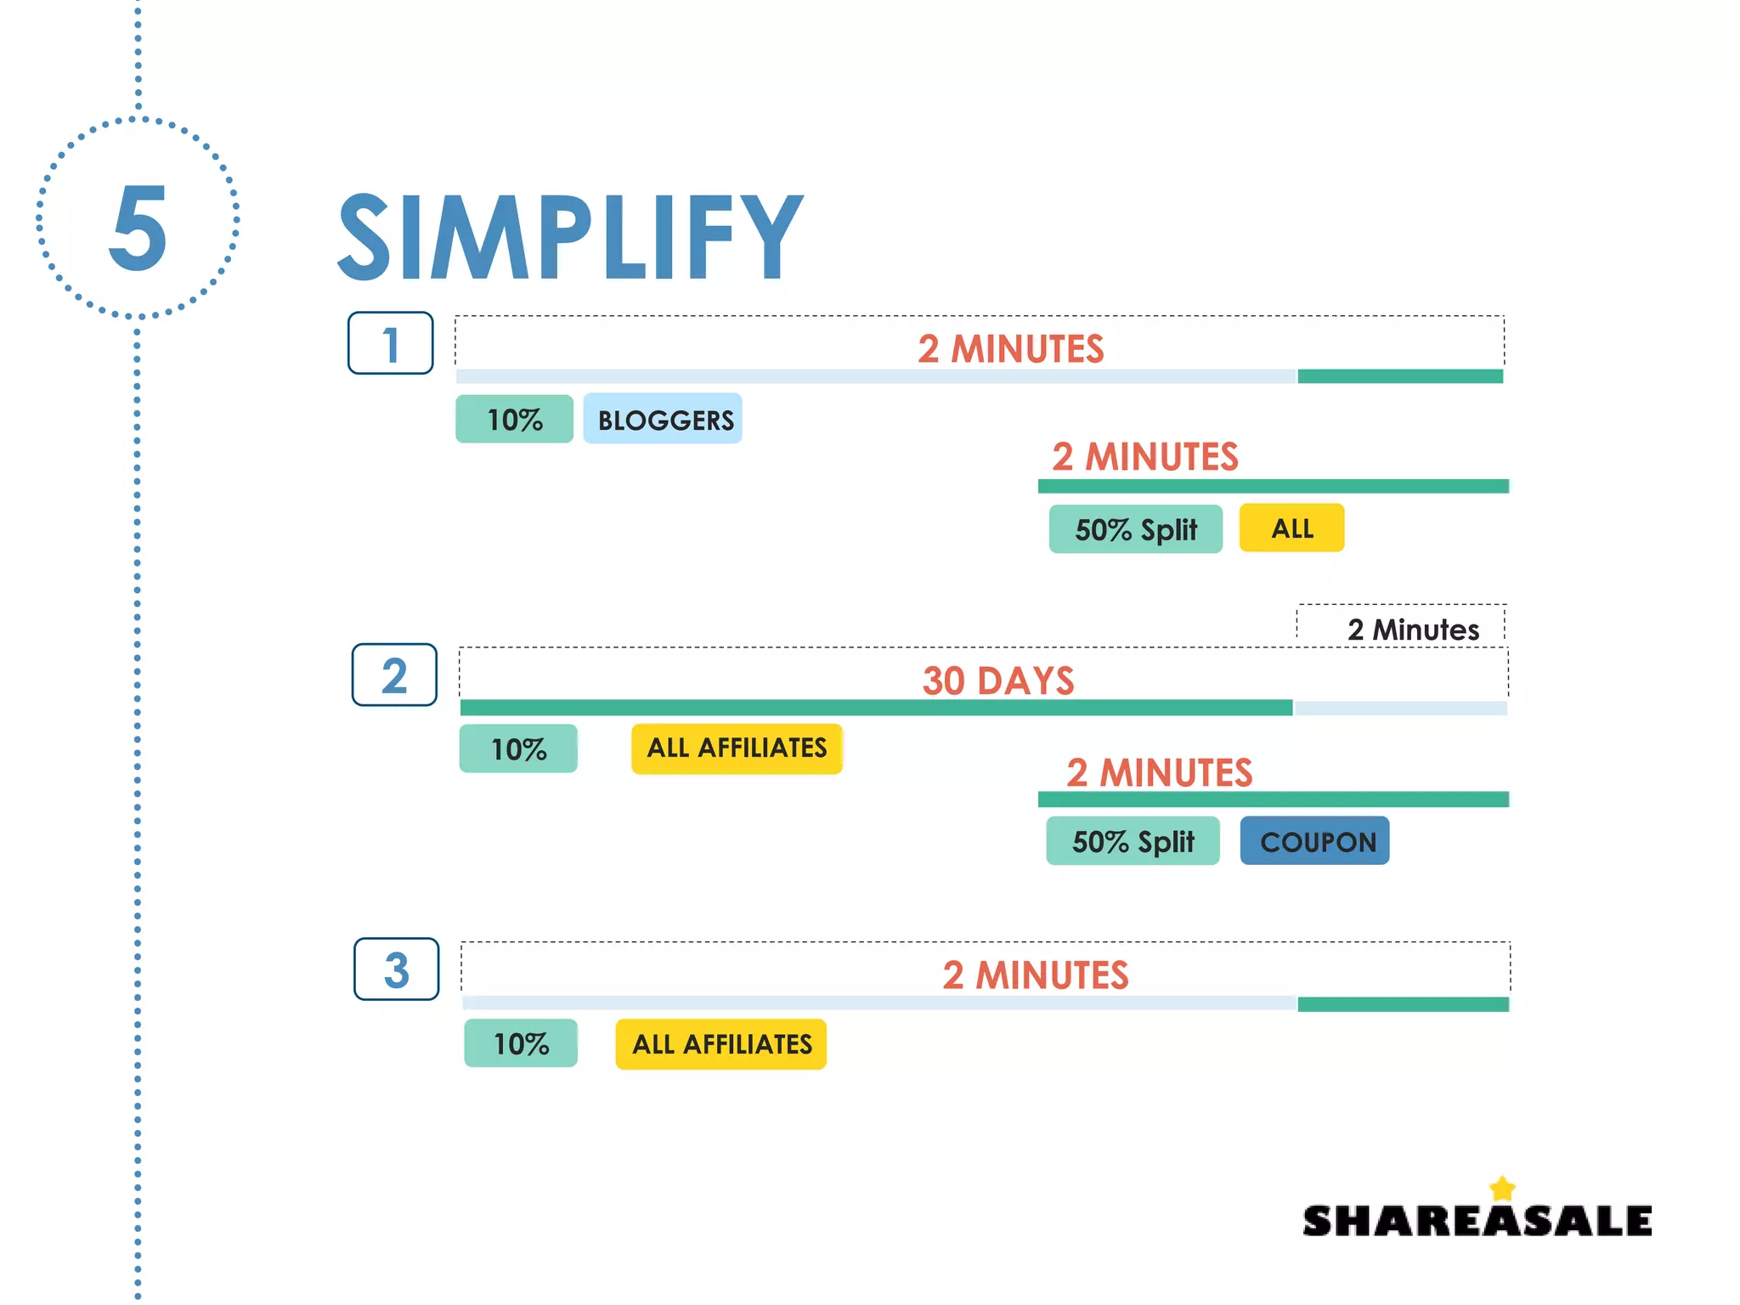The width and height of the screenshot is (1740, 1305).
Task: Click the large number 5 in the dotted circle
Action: pos(138,228)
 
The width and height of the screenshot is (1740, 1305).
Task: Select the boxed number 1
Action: pos(390,343)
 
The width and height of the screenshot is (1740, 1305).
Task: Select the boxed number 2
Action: pos(394,675)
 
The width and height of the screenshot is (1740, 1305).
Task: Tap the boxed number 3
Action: pos(396,969)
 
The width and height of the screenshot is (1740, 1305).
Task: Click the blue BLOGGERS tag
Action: pos(663,419)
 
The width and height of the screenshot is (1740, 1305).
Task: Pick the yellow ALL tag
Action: pos(1291,528)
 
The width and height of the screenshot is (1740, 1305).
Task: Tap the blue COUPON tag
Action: pos(1314,841)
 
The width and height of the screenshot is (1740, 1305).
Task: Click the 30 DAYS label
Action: pos(998,681)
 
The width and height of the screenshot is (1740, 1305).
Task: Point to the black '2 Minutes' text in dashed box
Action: pos(1412,630)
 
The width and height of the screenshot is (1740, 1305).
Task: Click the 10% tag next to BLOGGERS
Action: pos(514,419)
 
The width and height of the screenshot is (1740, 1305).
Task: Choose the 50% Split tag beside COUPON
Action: pos(1133,841)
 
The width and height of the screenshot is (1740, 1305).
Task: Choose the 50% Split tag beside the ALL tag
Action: pos(1135,529)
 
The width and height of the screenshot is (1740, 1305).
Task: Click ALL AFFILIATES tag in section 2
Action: pos(737,749)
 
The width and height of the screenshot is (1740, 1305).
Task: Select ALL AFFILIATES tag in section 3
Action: pos(721,1044)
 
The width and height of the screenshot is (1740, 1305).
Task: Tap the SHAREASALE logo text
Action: pos(1477,1221)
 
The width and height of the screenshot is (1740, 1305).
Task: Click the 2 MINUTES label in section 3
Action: pos(1035,975)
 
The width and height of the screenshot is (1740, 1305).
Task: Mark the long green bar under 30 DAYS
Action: pos(875,708)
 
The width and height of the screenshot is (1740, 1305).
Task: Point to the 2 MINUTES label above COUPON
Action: pos(1159,772)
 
